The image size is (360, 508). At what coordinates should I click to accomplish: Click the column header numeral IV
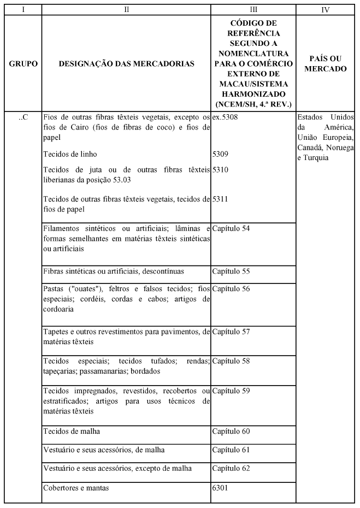pos(326,9)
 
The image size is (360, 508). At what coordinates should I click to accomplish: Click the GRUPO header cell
pos(23,64)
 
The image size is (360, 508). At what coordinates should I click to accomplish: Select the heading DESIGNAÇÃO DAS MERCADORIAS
pos(126,64)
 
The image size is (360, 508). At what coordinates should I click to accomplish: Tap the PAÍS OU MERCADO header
pos(326,64)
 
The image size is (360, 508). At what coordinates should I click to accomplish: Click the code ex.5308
pos(225,117)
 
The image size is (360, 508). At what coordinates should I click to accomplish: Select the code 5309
pos(221,154)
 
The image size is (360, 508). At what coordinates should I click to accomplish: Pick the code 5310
pos(221,170)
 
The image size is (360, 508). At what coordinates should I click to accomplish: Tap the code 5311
pos(221,199)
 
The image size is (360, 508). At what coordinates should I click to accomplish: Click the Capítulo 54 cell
pos(231,228)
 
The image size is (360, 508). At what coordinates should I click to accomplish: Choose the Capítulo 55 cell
pos(231,271)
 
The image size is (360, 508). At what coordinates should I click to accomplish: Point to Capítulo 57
pos(231,332)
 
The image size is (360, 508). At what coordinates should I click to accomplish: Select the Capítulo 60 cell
pos(231,432)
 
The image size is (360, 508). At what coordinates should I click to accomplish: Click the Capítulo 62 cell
pos(231,468)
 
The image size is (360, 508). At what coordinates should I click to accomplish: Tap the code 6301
pos(221,487)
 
